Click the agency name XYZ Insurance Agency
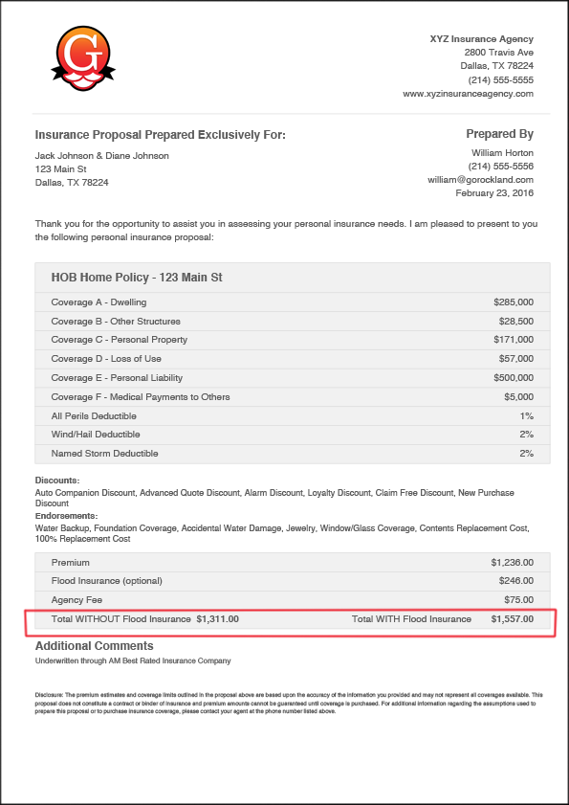(482, 38)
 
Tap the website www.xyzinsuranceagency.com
(468, 94)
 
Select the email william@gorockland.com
(480, 179)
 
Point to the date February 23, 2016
(494, 193)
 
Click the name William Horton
(502, 152)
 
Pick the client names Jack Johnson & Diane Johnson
(101, 155)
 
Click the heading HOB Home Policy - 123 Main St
(136, 278)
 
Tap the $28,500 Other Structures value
(515, 322)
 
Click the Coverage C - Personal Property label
(119, 340)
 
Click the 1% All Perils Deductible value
(526, 416)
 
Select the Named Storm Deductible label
(104, 454)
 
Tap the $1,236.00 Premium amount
(512, 563)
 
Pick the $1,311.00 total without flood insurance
(217, 619)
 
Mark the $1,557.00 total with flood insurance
(512, 619)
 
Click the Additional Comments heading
(94, 646)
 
